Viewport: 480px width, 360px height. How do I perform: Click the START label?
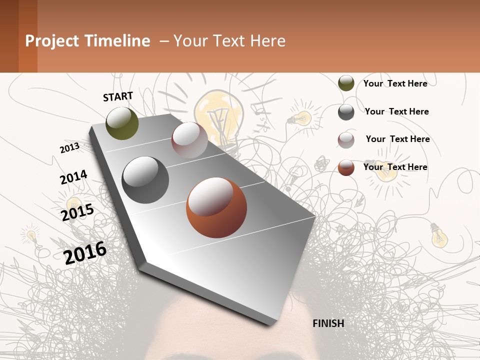[118, 96]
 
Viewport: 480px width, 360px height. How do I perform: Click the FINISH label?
[328, 323]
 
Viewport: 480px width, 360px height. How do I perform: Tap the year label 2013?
[69, 148]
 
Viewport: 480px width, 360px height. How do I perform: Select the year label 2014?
[73, 177]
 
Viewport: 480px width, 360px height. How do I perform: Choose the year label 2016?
[85, 252]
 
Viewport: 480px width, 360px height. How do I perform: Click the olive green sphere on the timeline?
[122, 123]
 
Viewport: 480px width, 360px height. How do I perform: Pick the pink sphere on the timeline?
[189, 140]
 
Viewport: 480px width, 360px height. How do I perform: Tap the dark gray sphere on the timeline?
[145, 180]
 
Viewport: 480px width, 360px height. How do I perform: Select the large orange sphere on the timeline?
[216, 207]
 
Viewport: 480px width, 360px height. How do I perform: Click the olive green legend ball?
[346, 83]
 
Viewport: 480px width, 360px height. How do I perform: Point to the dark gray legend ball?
[346, 112]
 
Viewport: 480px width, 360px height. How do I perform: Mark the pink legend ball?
[346, 140]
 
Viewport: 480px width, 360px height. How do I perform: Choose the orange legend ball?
[346, 167]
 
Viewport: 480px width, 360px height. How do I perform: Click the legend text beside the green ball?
[395, 83]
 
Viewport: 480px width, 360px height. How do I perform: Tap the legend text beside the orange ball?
[395, 167]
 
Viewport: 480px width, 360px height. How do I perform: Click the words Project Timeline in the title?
[87, 41]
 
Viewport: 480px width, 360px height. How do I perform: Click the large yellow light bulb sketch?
[218, 115]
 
